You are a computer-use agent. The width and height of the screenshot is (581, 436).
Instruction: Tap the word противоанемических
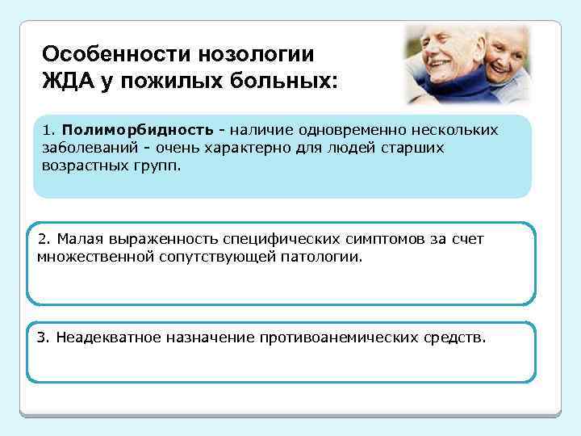[x=339, y=337]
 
